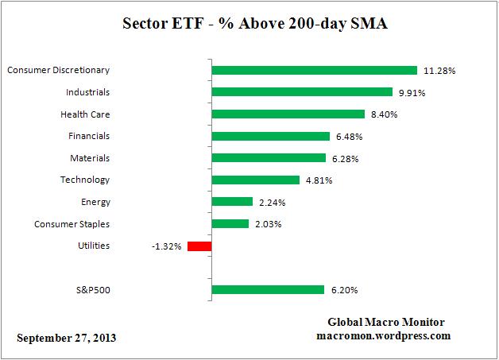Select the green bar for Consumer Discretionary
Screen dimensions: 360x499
pyautogui.click(x=315, y=70)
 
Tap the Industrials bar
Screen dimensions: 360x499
pyautogui.click(x=302, y=92)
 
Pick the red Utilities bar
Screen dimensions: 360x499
pyautogui.click(x=199, y=246)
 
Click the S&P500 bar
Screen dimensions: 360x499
pyautogui.click(x=268, y=290)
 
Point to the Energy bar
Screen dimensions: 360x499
pyautogui.click(x=232, y=202)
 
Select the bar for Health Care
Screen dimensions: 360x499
pyautogui.click(x=288, y=114)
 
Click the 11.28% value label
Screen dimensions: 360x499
pyautogui.click(x=439, y=71)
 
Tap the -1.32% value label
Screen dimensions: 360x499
pyautogui.click(x=166, y=246)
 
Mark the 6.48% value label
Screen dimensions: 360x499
pyautogui.click(x=350, y=137)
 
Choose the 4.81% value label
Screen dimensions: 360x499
pyautogui.click(x=319, y=180)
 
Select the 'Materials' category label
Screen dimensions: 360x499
pyautogui.click(x=90, y=158)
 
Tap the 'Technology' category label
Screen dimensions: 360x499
pyautogui.click(x=85, y=180)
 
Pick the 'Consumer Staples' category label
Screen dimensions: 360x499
pyautogui.click(x=72, y=224)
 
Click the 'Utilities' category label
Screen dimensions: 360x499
pyautogui.click(x=94, y=246)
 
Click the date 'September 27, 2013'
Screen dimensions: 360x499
pyautogui.click(x=66, y=338)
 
